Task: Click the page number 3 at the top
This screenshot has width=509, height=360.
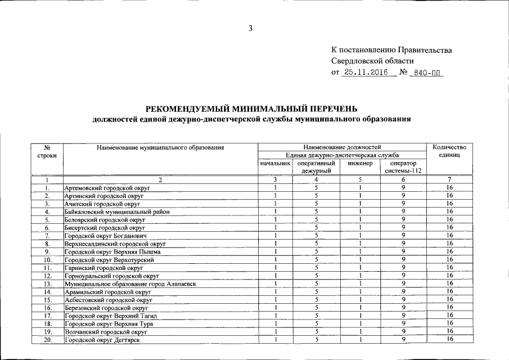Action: tap(251, 29)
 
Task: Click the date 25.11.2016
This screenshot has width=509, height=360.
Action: tap(366, 73)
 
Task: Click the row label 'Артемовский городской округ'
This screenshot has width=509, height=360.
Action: tap(103, 188)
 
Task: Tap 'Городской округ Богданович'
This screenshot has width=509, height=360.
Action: tap(105, 236)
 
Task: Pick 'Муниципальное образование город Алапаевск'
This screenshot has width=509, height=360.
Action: tap(130, 285)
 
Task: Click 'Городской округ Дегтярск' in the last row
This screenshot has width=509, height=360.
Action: tap(102, 341)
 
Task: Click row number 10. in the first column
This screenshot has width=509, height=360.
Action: tap(48, 260)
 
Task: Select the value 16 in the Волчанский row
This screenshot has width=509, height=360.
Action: tap(449, 332)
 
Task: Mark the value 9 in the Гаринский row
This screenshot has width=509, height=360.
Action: tap(404, 268)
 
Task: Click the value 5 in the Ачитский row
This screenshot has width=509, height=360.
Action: tap(317, 204)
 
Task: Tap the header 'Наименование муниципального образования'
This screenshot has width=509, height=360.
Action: tap(160, 147)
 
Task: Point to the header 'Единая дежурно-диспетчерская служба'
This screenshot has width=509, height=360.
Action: tap(342, 155)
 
